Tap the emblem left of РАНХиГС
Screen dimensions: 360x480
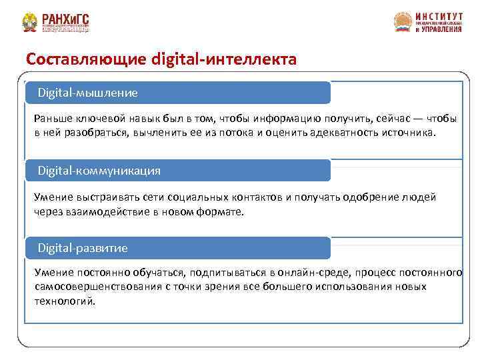point(29,23)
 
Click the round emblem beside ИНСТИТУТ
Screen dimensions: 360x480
point(403,22)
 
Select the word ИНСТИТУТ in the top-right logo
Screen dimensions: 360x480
point(438,15)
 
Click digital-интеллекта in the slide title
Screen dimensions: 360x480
point(224,59)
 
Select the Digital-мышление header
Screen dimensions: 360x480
point(87,92)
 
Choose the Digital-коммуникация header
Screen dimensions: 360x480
point(99,171)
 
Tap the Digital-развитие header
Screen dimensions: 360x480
point(82,248)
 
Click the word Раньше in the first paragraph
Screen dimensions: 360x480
point(53,119)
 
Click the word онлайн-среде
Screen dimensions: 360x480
point(313,273)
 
